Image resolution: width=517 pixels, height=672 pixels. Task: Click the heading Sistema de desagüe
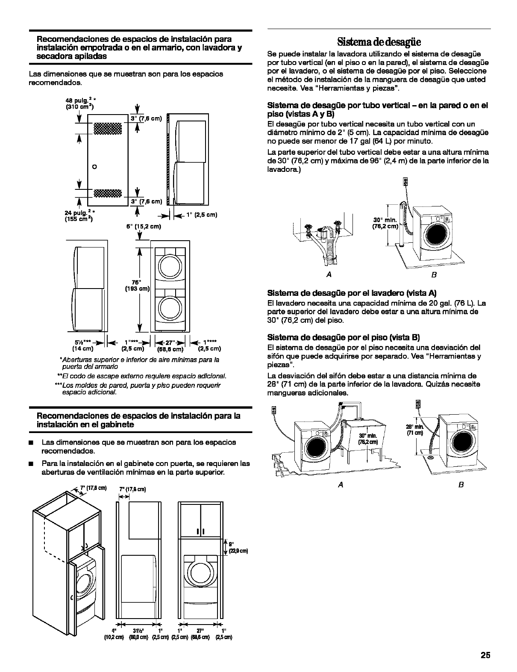point(379,42)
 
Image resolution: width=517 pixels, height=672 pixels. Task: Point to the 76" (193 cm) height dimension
point(137,286)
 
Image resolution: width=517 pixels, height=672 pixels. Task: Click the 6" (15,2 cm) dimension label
point(143,227)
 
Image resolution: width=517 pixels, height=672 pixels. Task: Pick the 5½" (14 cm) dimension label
point(82,345)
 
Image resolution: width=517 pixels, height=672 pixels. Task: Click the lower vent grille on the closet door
point(108,193)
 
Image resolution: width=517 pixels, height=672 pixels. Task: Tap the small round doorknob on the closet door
point(95,166)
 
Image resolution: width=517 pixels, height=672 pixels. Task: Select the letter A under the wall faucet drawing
point(329,274)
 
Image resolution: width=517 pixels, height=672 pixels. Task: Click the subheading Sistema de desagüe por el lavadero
point(352,293)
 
